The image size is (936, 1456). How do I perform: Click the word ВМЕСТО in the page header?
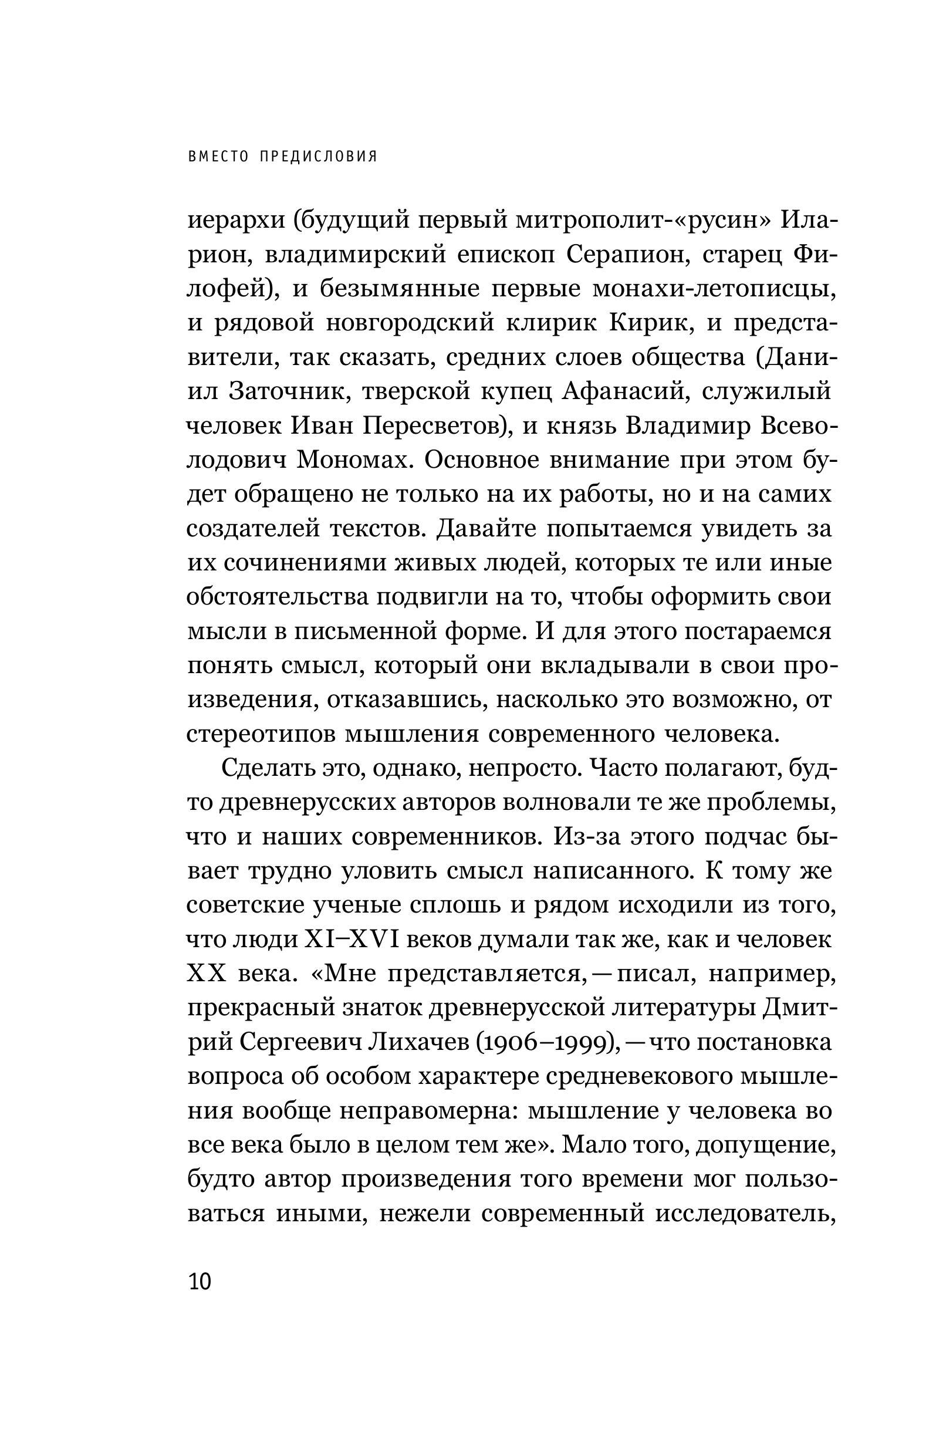pos(219,157)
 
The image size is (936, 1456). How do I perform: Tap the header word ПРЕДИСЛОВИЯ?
pos(319,157)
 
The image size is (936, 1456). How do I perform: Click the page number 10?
pos(200,1282)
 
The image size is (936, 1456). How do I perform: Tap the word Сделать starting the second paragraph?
pos(268,769)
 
